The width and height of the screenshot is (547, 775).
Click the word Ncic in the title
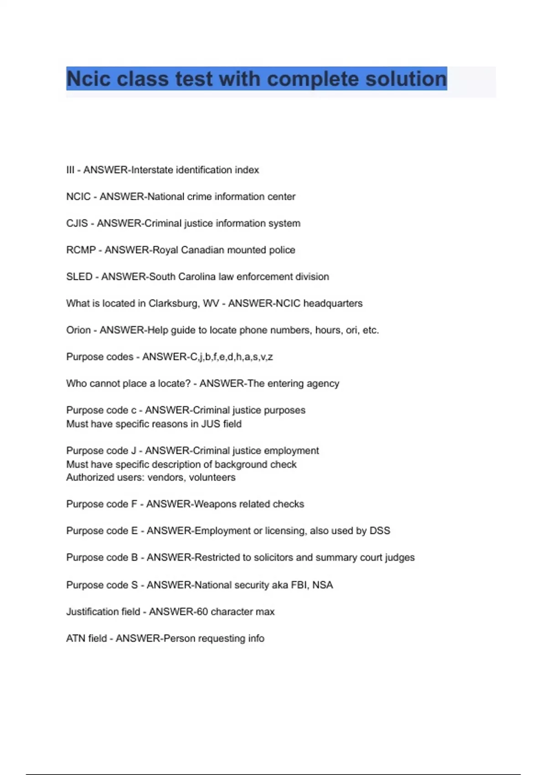point(88,79)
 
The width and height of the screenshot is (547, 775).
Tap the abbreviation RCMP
point(81,250)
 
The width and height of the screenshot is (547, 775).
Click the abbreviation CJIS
point(77,223)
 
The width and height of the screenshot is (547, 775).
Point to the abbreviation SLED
point(79,277)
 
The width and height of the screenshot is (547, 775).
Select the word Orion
point(78,330)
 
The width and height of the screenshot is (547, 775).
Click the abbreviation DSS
point(380,531)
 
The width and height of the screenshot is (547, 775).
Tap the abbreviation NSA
point(323,585)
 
